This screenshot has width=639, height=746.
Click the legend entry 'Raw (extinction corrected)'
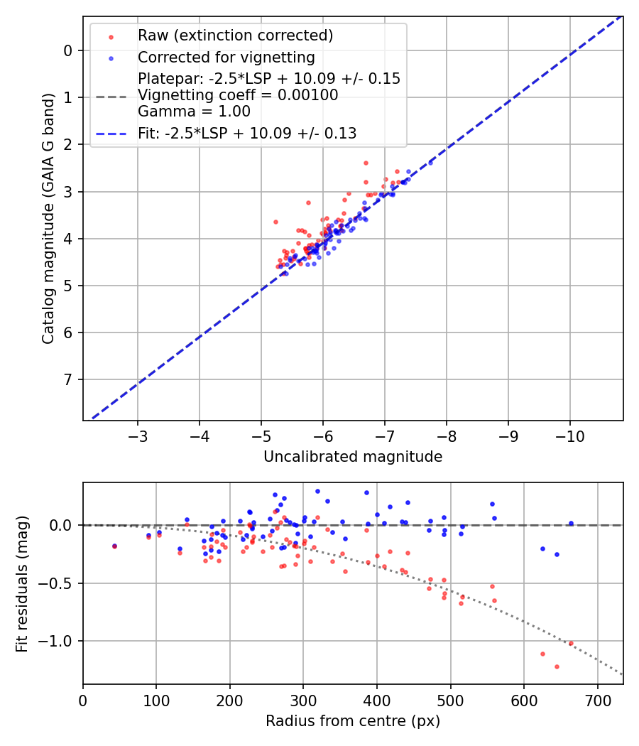pos(235,36)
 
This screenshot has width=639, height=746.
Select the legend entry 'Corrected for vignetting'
pos(226,57)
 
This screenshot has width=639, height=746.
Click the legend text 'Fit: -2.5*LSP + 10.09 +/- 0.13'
pos(247,133)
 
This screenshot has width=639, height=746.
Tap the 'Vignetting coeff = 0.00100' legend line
pos(238,95)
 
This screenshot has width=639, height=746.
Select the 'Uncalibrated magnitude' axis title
pos(353,457)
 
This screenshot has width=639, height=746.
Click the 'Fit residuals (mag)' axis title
pos(22,583)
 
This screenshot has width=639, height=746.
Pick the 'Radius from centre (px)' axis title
pos(353,721)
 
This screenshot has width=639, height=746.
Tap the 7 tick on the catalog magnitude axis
pos(67,379)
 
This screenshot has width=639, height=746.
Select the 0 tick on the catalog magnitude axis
pos(67,50)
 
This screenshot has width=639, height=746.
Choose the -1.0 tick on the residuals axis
pos(58,641)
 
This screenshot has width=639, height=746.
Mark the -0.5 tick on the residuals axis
pos(58,583)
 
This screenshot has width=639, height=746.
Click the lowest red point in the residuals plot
pos(557,666)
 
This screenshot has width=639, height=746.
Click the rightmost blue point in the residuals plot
pos(571,524)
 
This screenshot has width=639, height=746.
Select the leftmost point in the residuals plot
pos(114,546)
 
